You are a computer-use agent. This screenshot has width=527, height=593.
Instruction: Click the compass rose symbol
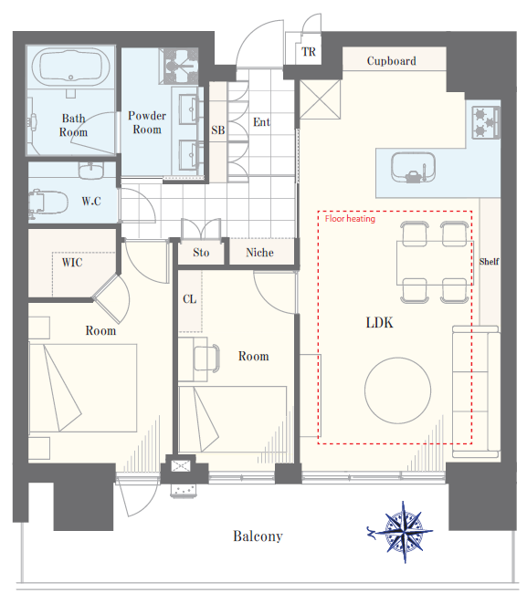pyautogui.click(x=403, y=532)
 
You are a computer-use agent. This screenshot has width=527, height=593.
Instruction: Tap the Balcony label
pyautogui.click(x=258, y=536)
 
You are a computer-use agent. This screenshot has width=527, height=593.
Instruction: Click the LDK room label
pyautogui.click(x=379, y=323)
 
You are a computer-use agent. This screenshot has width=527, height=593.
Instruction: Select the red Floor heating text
pyautogui.click(x=350, y=219)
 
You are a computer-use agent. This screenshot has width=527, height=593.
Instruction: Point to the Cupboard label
pyautogui.click(x=392, y=61)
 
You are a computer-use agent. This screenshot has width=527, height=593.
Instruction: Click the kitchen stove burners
pyautogui.click(x=486, y=122)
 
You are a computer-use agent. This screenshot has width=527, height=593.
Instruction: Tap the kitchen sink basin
pyautogui.click(x=413, y=168)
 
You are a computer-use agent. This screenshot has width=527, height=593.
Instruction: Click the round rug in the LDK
pyautogui.click(x=397, y=390)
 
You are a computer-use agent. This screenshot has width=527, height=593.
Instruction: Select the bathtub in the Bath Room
pyautogui.click(x=71, y=67)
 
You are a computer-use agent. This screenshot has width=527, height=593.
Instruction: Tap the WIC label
pyautogui.click(x=72, y=263)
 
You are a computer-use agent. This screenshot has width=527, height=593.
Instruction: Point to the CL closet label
pyautogui.click(x=190, y=299)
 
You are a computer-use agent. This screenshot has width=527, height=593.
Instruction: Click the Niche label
pyautogui.click(x=259, y=253)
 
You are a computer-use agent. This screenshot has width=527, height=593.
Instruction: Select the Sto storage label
pyautogui.click(x=201, y=253)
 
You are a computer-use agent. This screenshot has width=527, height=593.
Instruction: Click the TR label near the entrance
pyautogui.click(x=309, y=51)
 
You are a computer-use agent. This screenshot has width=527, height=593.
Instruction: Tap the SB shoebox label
pyautogui.click(x=218, y=130)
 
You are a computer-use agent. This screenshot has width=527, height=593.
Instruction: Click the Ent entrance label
pyautogui.click(x=261, y=122)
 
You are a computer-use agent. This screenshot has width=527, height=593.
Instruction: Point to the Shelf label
pyautogui.click(x=489, y=262)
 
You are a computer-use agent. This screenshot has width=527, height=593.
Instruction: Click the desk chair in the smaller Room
pyautogui.click(x=206, y=359)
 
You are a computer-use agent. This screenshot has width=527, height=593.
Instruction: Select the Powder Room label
pyautogui.click(x=147, y=122)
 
